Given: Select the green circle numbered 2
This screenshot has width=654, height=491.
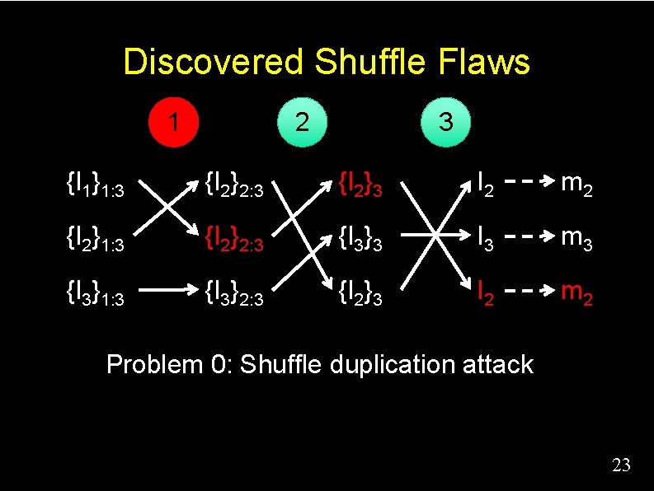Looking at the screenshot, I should coord(303,123).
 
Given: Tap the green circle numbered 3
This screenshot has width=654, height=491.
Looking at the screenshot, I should coord(445,123).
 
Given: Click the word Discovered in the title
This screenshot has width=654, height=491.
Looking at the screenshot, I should coord(214,63).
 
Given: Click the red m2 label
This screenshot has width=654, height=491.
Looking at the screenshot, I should coord(576,290).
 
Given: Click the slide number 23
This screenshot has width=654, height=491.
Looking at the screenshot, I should coord(621,466).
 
